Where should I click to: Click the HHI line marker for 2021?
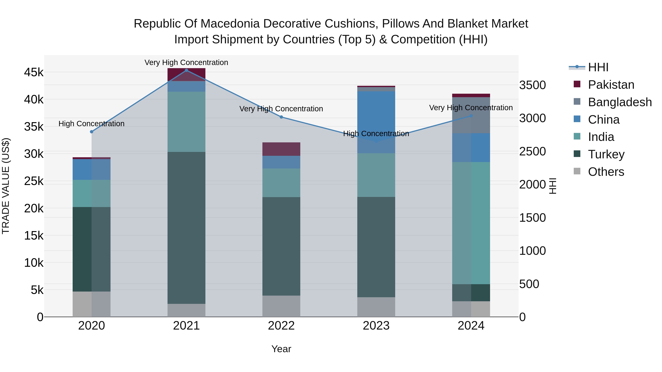(186, 70)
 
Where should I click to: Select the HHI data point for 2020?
(92, 132)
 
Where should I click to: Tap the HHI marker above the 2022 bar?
(281, 117)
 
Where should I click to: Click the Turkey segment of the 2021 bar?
(186, 228)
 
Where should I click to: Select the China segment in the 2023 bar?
(376, 122)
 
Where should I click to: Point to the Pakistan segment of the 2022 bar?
(281, 149)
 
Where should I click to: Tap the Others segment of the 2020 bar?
(92, 304)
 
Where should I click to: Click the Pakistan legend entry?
(611, 85)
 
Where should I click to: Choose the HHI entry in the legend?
(598, 67)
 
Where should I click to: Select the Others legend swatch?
(577, 171)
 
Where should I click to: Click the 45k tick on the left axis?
(34, 72)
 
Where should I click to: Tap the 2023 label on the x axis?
(376, 326)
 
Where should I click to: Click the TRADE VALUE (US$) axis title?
(6, 186)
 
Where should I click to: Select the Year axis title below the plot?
(281, 349)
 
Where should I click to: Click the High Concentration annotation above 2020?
(92, 124)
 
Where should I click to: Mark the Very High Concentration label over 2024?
(471, 108)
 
